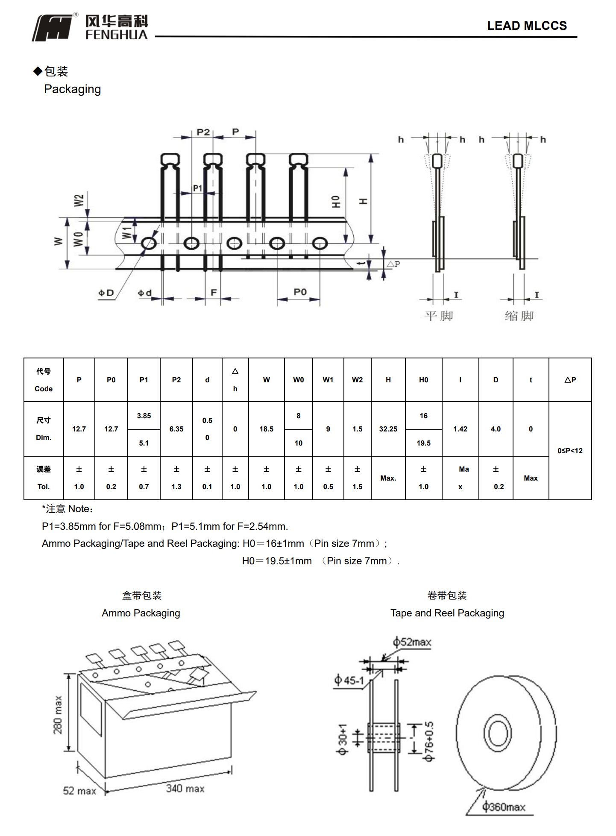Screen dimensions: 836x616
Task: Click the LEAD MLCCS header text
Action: tap(526, 26)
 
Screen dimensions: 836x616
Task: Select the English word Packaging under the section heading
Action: tap(72, 89)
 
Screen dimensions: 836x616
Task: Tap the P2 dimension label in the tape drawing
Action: tap(203, 132)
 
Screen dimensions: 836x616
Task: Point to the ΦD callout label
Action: tap(106, 293)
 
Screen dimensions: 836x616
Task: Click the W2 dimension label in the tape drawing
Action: tap(79, 200)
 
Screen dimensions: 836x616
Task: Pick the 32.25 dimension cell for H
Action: tap(388, 429)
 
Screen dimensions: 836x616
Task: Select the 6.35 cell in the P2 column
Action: tap(176, 429)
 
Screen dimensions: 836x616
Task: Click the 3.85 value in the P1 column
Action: tap(144, 416)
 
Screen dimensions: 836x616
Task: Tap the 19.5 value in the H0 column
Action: tap(423, 443)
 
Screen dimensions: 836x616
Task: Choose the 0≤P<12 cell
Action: tap(570, 451)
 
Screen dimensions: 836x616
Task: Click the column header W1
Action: tap(328, 380)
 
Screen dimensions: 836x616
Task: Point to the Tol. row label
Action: tap(44, 487)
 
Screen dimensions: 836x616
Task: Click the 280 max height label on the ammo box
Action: tap(58, 715)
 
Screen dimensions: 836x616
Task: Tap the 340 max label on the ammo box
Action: tap(185, 789)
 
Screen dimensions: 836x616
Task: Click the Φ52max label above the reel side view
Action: tap(412, 642)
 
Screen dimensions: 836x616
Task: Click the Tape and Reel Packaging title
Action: tap(447, 613)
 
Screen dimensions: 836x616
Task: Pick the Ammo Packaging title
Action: tap(141, 613)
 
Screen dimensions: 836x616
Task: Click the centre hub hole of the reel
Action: tap(497, 733)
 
